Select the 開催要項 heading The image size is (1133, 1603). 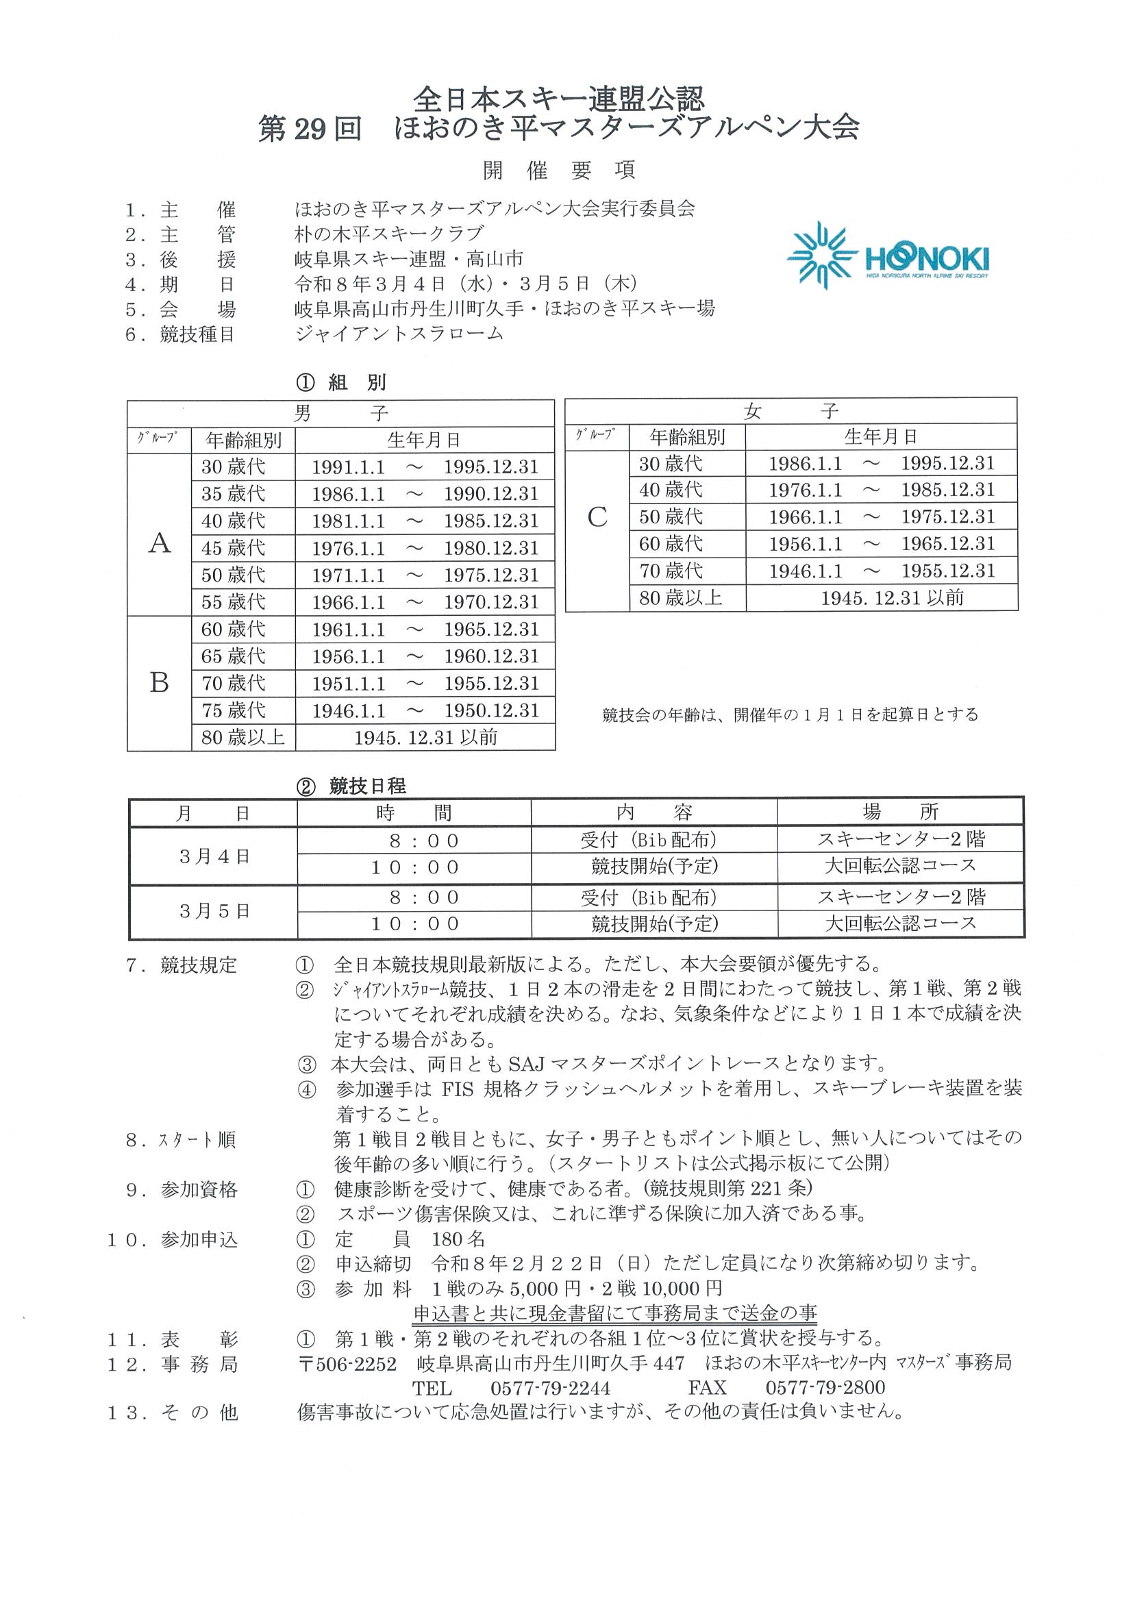[x=558, y=170]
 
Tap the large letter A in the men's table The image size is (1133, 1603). [x=160, y=543]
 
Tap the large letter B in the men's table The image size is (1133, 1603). [x=160, y=683]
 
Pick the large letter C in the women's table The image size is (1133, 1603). [x=597, y=517]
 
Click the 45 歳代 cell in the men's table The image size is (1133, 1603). [x=233, y=548]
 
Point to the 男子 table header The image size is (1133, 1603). [x=340, y=412]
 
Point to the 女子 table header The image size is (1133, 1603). [x=790, y=410]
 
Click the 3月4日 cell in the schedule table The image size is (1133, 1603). [x=214, y=857]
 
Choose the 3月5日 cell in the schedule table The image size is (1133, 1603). [x=214, y=911]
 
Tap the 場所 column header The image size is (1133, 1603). [x=901, y=812]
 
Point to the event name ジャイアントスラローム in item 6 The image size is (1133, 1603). [x=399, y=334]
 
